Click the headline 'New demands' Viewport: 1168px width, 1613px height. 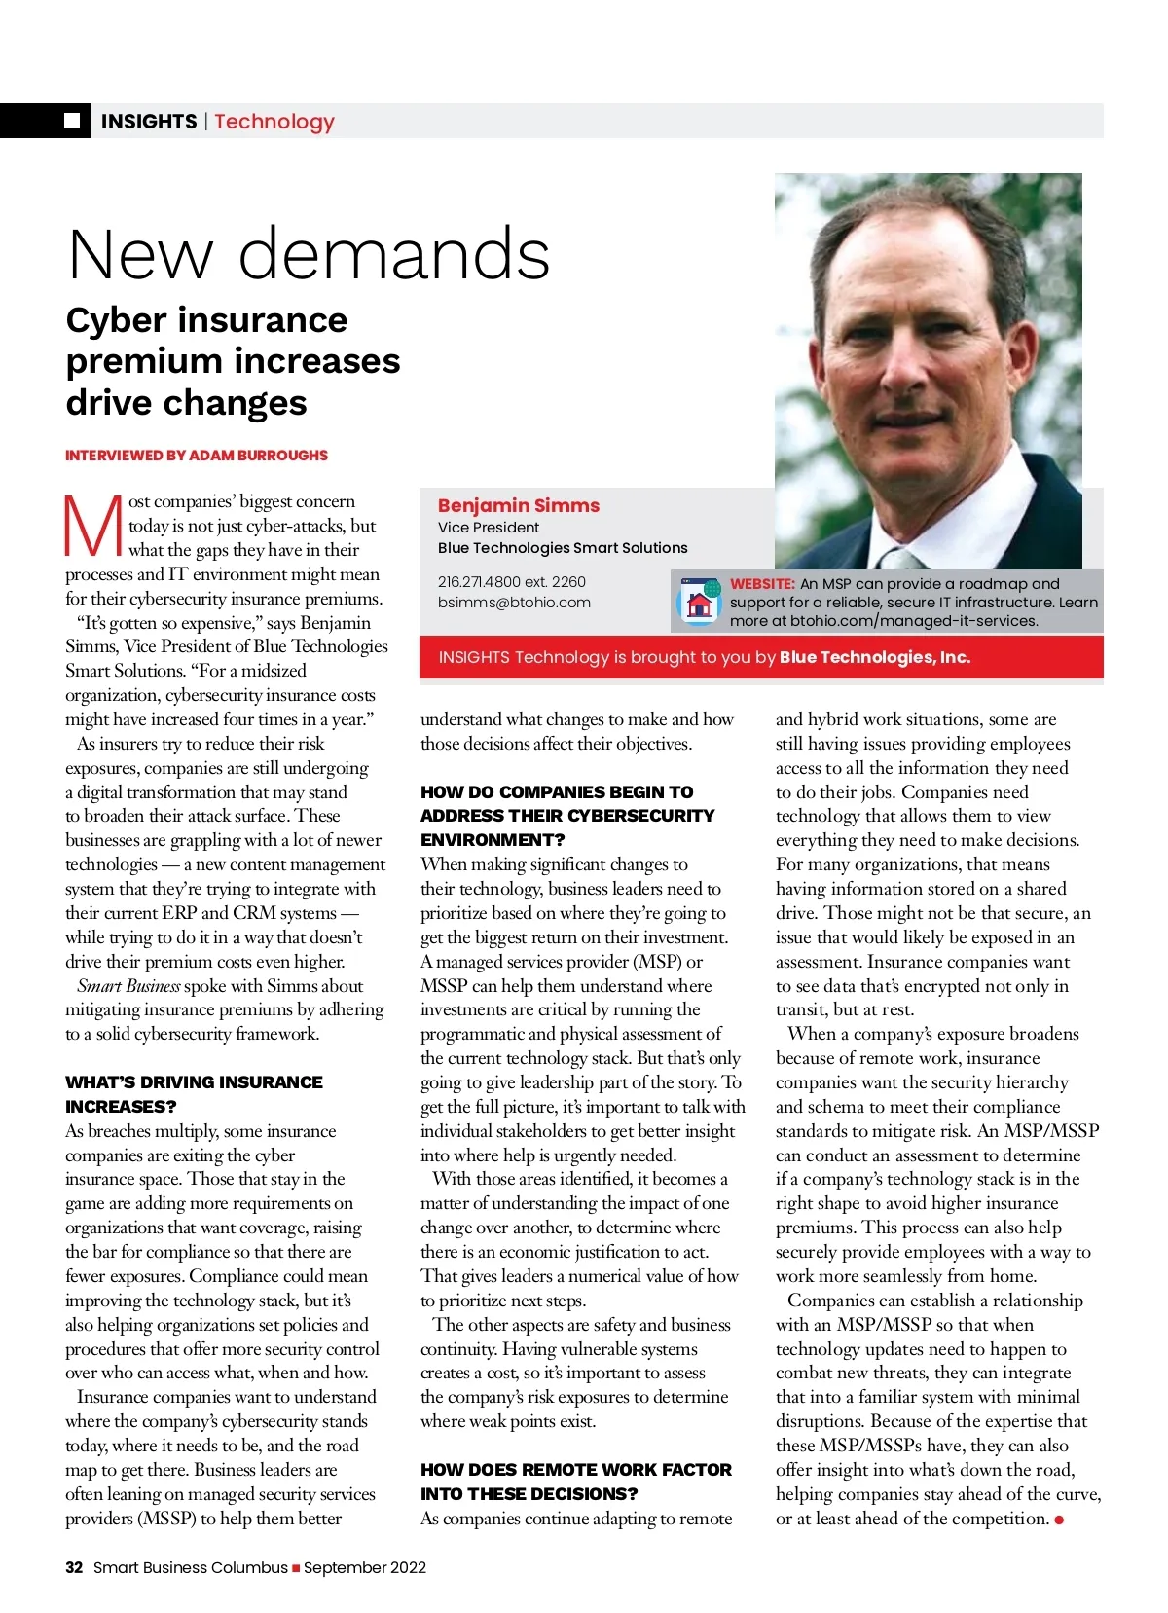coord(309,254)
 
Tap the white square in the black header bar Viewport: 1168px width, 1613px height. coord(72,121)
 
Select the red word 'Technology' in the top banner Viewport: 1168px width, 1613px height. coord(274,122)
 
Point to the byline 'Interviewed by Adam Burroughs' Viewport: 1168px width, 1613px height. coord(197,455)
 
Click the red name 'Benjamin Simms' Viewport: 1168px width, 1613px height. coord(518,505)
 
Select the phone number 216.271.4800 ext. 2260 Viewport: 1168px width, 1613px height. coord(511,581)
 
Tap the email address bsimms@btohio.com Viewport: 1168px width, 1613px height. coord(514,602)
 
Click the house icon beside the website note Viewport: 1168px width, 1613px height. coord(698,603)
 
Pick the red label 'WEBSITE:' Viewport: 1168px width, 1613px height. coord(762,583)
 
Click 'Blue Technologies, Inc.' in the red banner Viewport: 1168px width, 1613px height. coord(874,657)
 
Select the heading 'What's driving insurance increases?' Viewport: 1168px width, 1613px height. coord(194,1093)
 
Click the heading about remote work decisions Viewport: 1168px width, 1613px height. coord(575,1481)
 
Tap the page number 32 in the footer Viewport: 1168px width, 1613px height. coord(74,1567)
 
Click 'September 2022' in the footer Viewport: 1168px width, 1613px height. coord(365,1567)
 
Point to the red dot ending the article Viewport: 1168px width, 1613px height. coord(1059,1520)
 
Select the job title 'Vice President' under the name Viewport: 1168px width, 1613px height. coord(488,527)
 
